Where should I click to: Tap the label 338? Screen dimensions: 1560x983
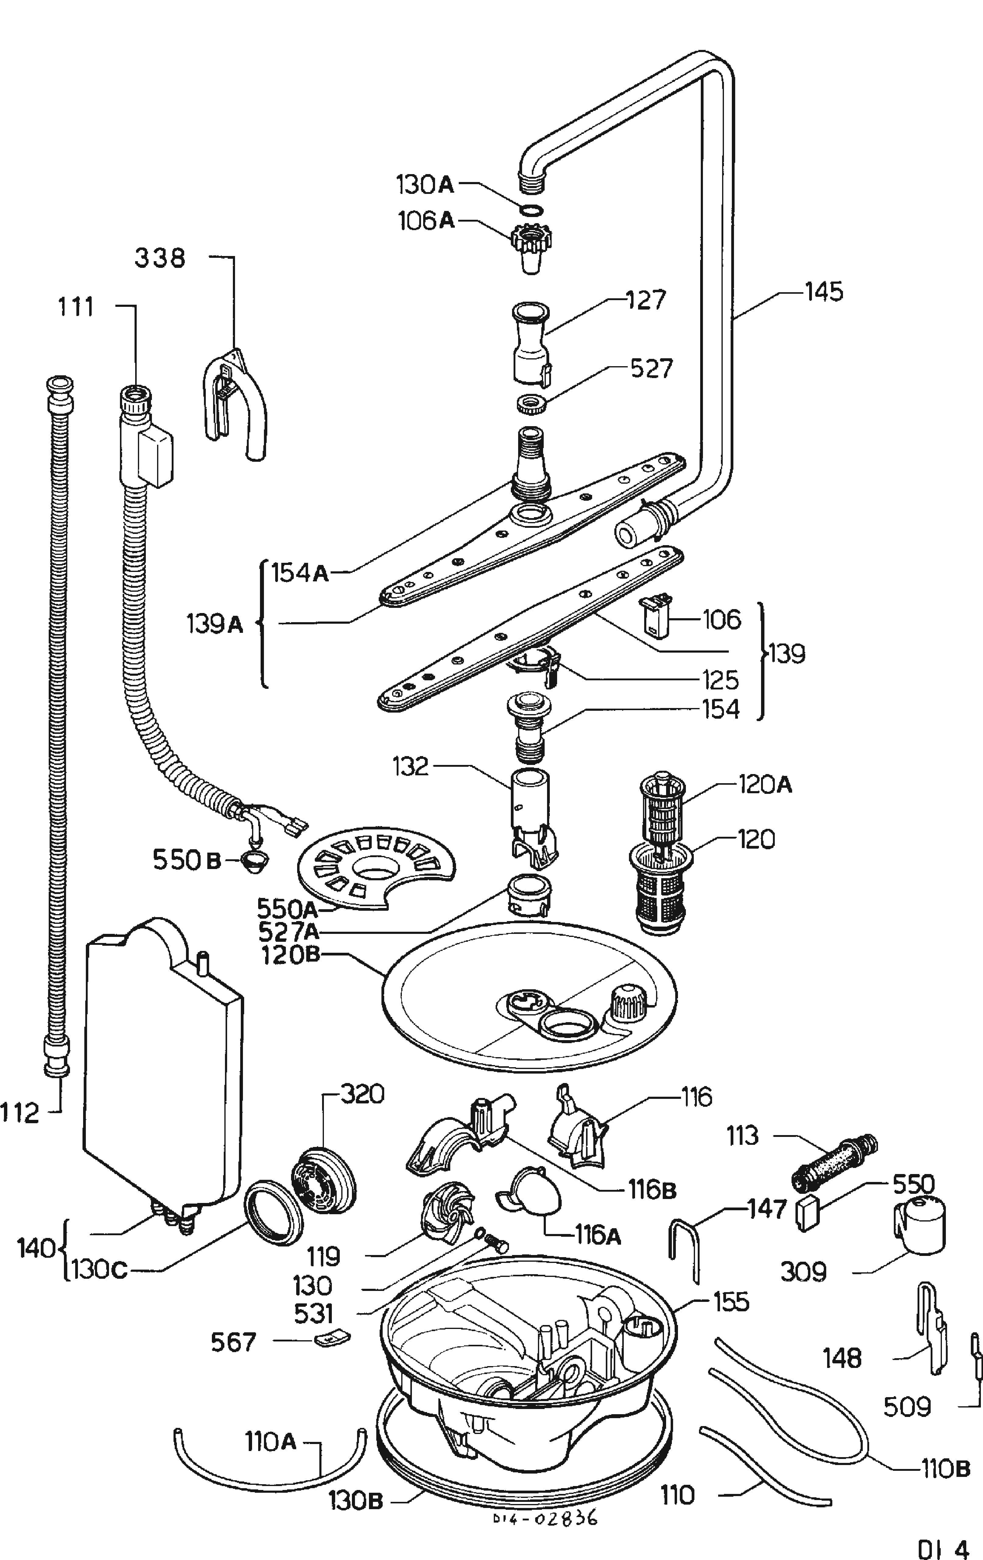(160, 258)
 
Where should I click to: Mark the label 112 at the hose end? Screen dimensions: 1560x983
(20, 1114)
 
